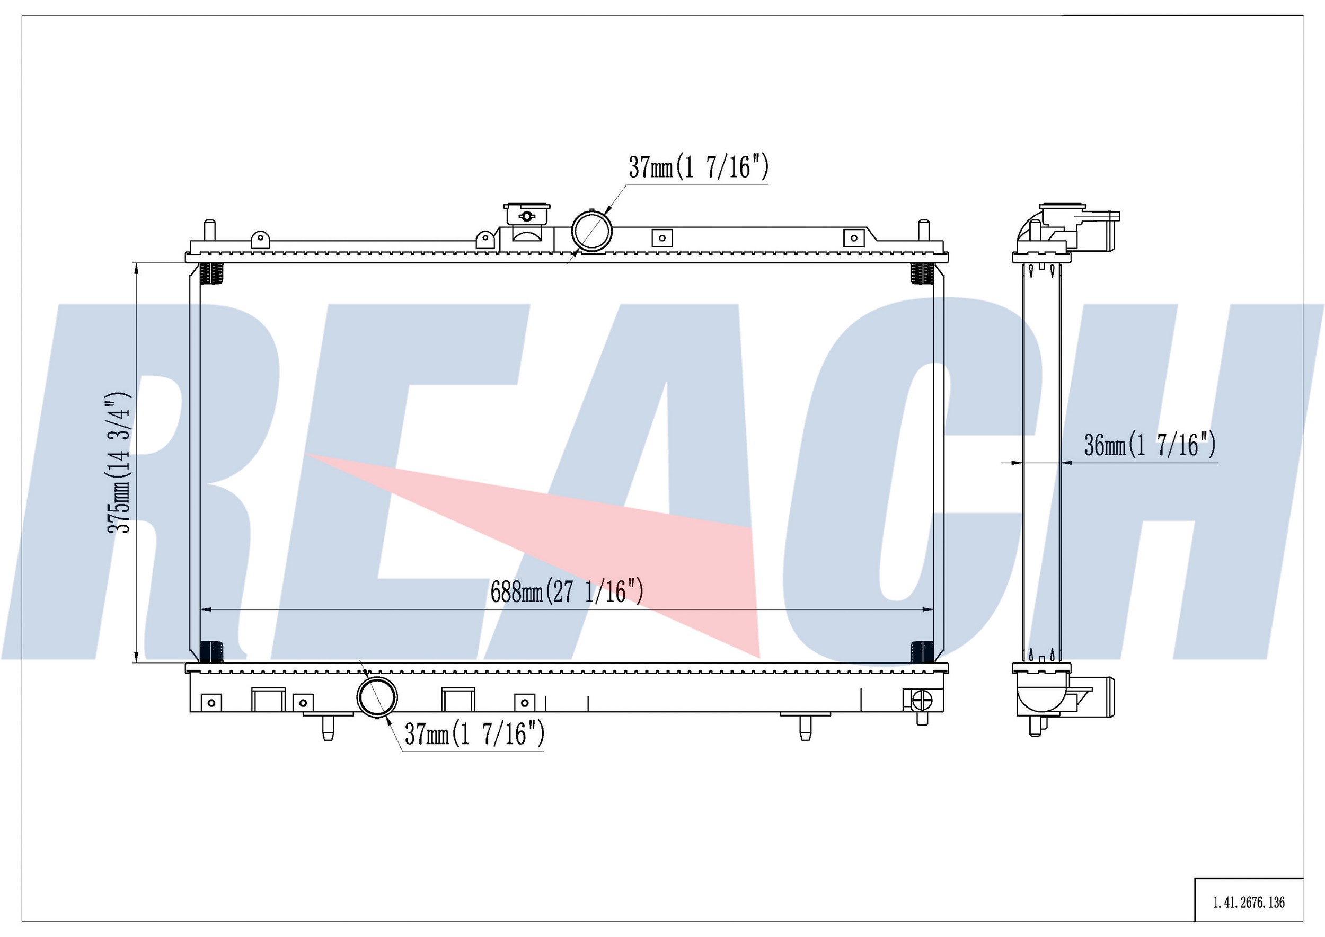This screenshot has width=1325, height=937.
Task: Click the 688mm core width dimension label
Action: tap(567, 591)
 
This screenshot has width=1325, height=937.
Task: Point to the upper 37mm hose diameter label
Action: tap(699, 167)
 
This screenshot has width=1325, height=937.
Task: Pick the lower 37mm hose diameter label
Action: tap(474, 734)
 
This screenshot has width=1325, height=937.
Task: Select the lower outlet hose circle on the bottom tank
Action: tap(377, 696)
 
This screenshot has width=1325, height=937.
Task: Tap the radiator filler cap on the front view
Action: tap(526, 215)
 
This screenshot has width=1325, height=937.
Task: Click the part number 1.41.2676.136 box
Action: tap(1249, 902)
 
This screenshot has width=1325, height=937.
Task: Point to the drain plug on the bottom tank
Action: tap(922, 702)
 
